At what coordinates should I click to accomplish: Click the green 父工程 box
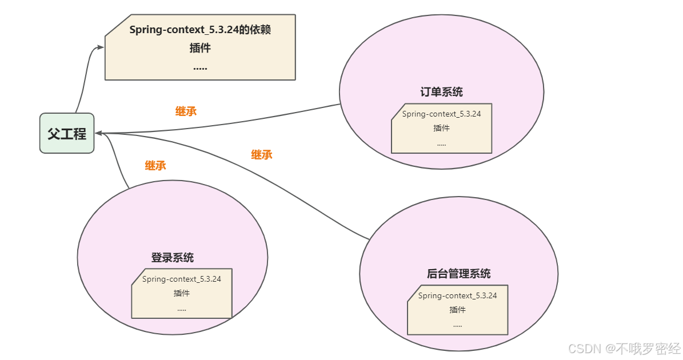[67, 133]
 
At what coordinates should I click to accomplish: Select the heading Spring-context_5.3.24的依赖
[200, 30]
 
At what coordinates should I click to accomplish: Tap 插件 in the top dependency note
[200, 48]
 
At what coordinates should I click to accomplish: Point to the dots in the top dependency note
[200, 67]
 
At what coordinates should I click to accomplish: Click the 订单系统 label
[441, 92]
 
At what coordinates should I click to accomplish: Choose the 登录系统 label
[172, 258]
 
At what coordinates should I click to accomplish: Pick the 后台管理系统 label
[458, 274]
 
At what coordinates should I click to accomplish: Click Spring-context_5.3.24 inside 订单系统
[441, 114]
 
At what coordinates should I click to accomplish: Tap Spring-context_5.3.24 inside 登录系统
[182, 279]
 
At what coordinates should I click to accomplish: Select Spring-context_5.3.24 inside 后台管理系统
[457, 295]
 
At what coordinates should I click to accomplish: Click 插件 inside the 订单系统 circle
[441, 128]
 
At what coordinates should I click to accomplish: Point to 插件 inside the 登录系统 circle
[182, 293]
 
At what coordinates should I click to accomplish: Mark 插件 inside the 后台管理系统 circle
[457, 310]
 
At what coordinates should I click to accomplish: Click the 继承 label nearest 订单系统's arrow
[186, 111]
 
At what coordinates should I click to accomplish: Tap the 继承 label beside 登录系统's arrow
[155, 166]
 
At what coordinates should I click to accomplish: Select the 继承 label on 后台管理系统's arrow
[262, 154]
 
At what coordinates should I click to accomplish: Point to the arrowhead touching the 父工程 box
[99, 133]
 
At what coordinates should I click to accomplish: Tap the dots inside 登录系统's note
[182, 309]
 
